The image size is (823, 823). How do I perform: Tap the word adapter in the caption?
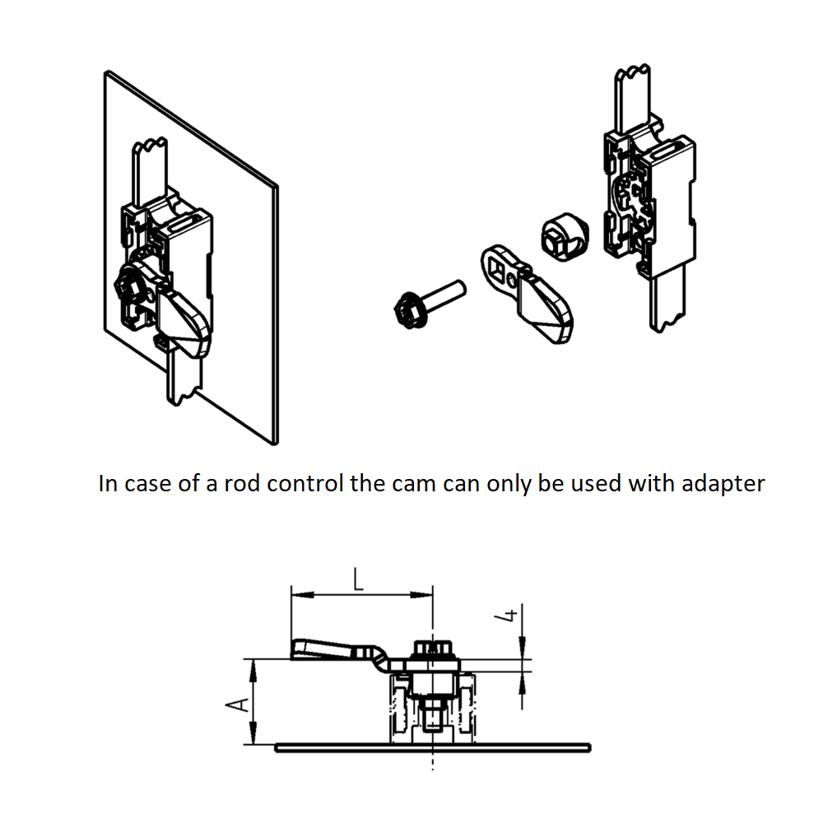click(723, 483)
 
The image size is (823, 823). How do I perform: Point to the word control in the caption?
click(304, 483)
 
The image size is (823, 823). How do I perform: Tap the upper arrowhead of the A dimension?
click(253, 666)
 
